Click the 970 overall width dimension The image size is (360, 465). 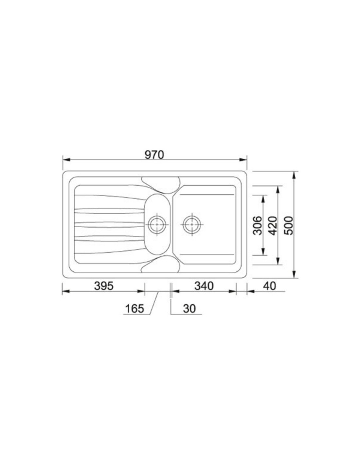click(154, 155)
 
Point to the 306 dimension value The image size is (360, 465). click(258, 226)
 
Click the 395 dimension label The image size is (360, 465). click(104, 286)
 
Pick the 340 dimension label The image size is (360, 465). click(204, 286)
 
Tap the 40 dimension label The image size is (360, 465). click(270, 286)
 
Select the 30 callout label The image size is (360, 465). click(189, 309)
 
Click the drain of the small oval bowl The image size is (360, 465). click(157, 224)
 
